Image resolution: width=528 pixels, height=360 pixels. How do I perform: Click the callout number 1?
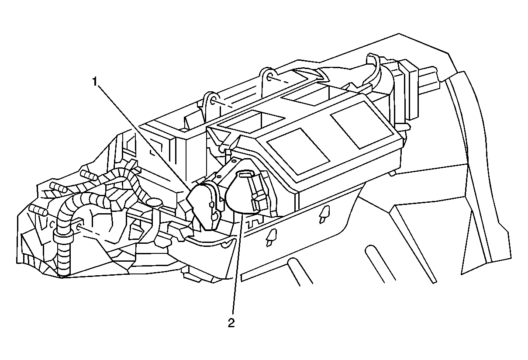click(x=95, y=82)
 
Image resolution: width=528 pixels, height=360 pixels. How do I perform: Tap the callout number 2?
click(x=231, y=322)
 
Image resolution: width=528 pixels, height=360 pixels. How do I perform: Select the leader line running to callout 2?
click(x=238, y=263)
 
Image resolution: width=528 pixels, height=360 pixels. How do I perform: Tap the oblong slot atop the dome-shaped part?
click(x=245, y=174)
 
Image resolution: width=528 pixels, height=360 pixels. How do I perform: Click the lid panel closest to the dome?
click(x=298, y=152)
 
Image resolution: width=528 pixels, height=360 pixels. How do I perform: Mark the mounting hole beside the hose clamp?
click(x=79, y=226)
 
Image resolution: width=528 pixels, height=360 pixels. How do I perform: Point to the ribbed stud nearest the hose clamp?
click(x=38, y=210)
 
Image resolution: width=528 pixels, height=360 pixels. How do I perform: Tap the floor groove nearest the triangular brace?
click(x=401, y=263)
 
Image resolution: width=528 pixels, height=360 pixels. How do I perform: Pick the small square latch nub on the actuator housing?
click(x=211, y=204)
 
